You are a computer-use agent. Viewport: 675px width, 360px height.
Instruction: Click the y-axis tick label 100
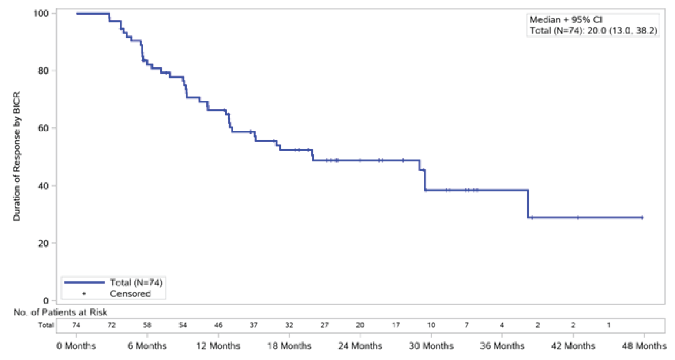pos(41,13)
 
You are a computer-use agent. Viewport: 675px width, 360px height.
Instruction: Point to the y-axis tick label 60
pos(43,128)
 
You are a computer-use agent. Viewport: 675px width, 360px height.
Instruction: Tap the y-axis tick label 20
pos(43,244)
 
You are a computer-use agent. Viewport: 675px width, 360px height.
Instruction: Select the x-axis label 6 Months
pos(147,346)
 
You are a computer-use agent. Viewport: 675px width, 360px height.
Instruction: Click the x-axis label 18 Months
pos(289,346)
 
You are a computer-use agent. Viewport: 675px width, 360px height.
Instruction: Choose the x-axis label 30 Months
pos(431,346)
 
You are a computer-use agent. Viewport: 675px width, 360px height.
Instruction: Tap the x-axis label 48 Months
pos(644,346)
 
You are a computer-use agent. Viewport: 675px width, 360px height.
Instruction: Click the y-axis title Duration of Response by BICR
pos(17,156)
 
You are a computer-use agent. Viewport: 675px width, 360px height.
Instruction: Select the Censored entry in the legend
pos(130,294)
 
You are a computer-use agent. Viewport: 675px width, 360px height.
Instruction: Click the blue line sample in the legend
pos(84,282)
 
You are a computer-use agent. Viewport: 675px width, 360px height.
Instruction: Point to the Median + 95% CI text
pos(566,19)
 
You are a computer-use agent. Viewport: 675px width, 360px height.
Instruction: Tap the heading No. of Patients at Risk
pos(60,312)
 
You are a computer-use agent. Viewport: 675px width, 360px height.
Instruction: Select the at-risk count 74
pos(76,325)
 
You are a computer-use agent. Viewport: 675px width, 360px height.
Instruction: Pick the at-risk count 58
pos(147,325)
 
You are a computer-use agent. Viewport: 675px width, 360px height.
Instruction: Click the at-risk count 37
pos(254,325)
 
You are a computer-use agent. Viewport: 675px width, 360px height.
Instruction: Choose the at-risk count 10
pos(431,325)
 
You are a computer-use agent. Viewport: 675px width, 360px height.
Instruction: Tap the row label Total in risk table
pos(46,325)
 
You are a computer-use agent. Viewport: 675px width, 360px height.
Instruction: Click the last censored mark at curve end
pos(642,217)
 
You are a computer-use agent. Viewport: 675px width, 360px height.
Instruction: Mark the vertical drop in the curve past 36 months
pos(528,204)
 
